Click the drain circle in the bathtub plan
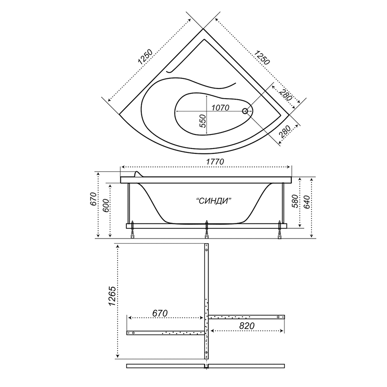tap(245, 111)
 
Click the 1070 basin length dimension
tap(221, 108)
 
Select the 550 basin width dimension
tap(203, 121)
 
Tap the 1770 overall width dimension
tap(215, 162)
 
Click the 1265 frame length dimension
tap(112, 296)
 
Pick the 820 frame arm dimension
tap(247, 326)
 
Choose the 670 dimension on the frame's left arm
tap(160, 313)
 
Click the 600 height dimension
tap(105, 206)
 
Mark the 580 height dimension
tap(296, 201)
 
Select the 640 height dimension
tap(307, 202)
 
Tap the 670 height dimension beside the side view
tap(93, 199)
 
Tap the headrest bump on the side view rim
tap(138, 174)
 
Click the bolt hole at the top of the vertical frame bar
tap(207, 250)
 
